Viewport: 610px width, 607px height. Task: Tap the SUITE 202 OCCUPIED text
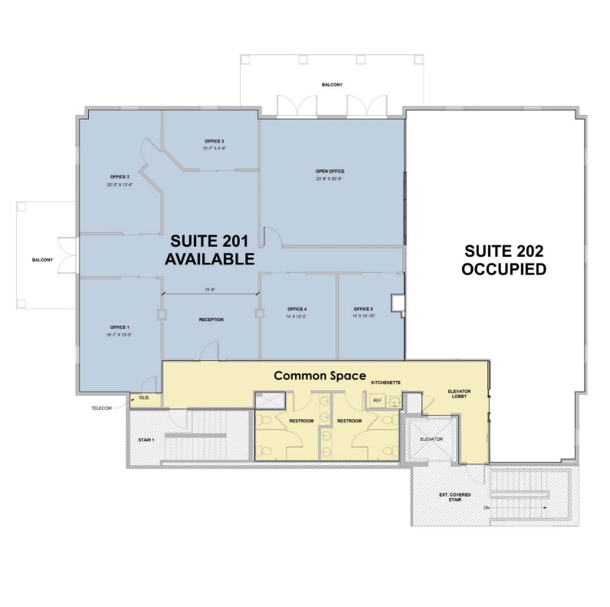(x=504, y=260)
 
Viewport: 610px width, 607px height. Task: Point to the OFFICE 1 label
(x=120, y=327)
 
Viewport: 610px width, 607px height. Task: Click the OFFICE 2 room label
(x=120, y=177)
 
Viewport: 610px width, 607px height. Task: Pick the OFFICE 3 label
(x=215, y=141)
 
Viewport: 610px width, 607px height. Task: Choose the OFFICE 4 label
(x=297, y=309)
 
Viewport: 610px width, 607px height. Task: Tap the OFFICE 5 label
(x=363, y=309)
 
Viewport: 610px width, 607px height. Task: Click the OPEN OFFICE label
(x=329, y=171)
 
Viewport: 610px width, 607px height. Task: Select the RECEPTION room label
(x=211, y=320)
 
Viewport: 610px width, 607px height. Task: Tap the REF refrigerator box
(x=377, y=400)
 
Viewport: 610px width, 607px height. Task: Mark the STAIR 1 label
(x=146, y=440)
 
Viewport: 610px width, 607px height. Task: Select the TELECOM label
(x=102, y=408)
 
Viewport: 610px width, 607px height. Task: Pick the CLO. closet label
(x=145, y=399)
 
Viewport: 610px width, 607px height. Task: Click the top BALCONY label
(x=333, y=85)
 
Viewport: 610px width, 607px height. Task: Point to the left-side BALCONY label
(x=42, y=260)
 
